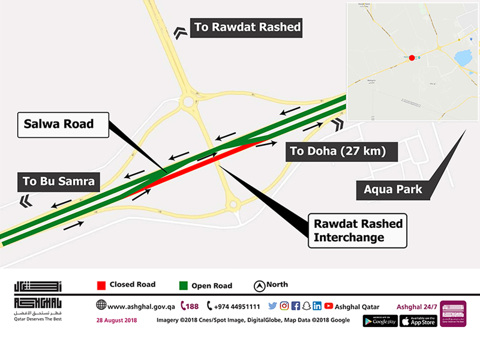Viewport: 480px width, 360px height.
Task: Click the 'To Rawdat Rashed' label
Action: (x=247, y=27)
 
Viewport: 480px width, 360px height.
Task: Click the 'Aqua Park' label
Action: (x=393, y=190)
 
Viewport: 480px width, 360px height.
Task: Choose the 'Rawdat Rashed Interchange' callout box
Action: (x=358, y=230)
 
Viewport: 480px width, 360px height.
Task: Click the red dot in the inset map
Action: (x=412, y=58)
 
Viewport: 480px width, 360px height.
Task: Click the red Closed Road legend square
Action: (x=101, y=285)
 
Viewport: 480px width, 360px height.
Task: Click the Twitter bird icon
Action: (x=272, y=305)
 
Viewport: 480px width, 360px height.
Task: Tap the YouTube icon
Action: (x=328, y=305)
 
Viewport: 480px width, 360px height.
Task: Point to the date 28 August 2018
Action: (x=116, y=320)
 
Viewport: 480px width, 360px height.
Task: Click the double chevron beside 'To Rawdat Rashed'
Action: (x=179, y=32)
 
